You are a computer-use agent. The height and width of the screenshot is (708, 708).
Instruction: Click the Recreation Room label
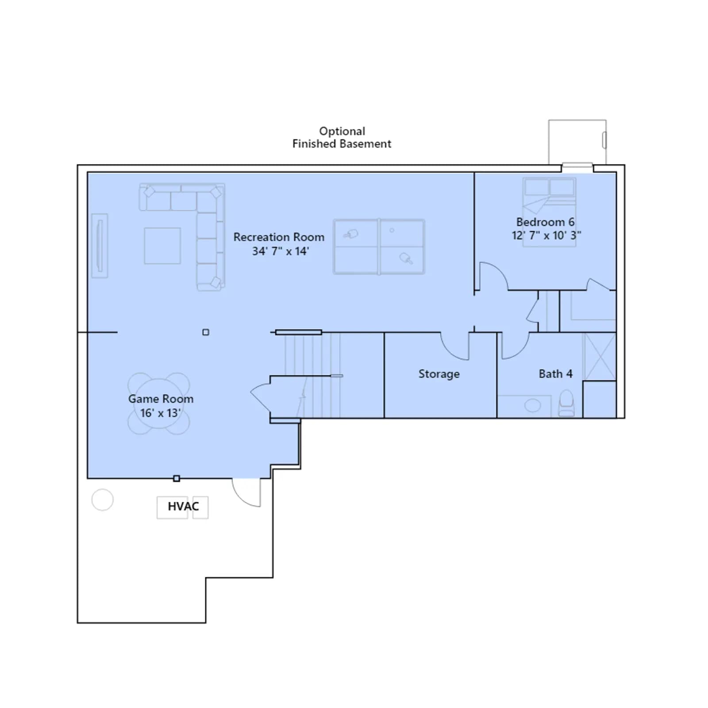pyautogui.click(x=279, y=237)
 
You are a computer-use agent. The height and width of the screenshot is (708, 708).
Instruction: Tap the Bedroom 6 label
pyautogui.click(x=545, y=222)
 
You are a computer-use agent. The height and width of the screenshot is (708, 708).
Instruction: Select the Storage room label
pyautogui.click(x=439, y=374)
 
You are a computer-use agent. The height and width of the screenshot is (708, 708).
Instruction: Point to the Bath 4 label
pyautogui.click(x=555, y=374)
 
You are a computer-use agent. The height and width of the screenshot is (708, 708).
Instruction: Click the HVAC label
pyautogui.click(x=183, y=506)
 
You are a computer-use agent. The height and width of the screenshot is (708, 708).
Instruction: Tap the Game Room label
pyautogui.click(x=161, y=399)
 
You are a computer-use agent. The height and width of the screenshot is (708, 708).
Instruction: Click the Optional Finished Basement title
pyautogui.click(x=342, y=137)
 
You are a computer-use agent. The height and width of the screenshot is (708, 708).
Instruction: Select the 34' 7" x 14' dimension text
pyautogui.click(x=281, y=251)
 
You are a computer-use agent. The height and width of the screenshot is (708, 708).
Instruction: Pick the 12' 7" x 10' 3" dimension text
pyautogui.click(x=546, y=235)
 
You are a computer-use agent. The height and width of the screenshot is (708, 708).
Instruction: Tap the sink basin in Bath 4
pyautogui.click(x=532, y=405)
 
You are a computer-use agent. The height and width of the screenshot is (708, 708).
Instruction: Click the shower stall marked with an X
pyautogui.click(x=600, y=356)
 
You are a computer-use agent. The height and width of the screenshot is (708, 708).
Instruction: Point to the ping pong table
pyautogui.click(x=379, y=246)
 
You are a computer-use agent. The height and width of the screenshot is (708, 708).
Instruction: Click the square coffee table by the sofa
pyautogui.click(x=162, y=246)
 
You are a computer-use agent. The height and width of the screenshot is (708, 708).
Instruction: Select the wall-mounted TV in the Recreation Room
pyautogui.click(x=100, y=246)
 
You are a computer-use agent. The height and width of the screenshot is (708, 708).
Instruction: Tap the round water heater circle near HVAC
pyautogui.click(x=102, y=500)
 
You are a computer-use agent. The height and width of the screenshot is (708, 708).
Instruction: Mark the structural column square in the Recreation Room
pyautogui.click(x=206, y=332)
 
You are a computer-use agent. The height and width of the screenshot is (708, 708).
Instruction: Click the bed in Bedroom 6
pyautogui.click(x=549, y=212)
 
